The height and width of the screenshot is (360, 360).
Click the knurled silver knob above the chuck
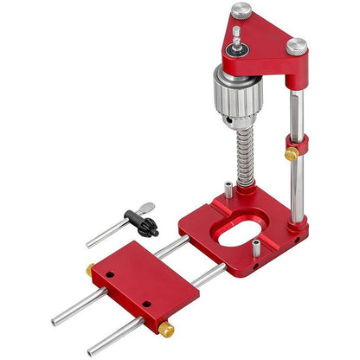[x=241, y=10]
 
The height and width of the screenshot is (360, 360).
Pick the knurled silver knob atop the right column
[x=297, y=45]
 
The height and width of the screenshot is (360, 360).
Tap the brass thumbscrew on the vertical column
[x=292, y=155]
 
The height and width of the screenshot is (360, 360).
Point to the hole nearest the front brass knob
[x=148, y=305]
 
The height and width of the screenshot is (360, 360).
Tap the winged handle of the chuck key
[x=148, y=209]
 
